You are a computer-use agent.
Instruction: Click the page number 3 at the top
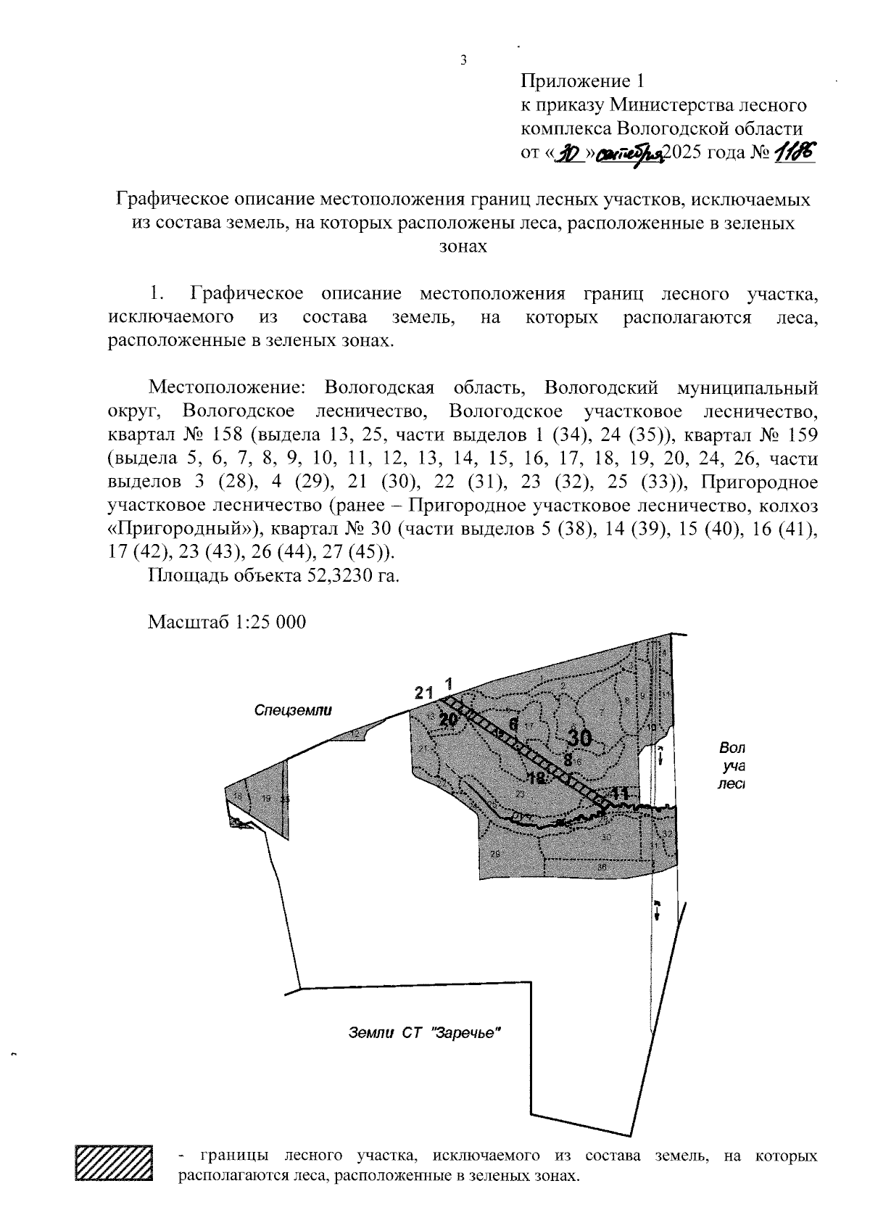point(463,60)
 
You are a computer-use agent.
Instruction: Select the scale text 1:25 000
point(268,622)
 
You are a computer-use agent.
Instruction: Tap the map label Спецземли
point(293,711)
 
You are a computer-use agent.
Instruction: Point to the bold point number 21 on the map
point(424,693)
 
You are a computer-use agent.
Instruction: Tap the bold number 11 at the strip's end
point(619,794)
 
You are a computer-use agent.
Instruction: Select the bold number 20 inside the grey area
point(448,719)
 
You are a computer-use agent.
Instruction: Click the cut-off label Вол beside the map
point(732,748)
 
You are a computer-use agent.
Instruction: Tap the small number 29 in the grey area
point(495,854)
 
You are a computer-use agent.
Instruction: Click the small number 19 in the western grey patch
point(266,798)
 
